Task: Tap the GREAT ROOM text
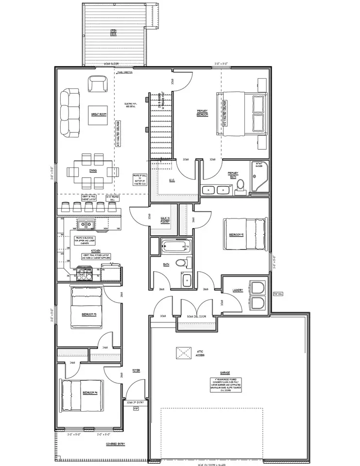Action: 99,114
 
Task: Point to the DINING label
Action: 92,171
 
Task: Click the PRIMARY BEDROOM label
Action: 202,112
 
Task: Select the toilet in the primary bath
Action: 240,189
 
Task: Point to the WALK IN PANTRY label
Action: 165,219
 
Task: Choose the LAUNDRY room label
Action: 238,290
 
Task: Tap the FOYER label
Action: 136,370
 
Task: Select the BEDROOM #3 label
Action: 89,314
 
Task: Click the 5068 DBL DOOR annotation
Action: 196,316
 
